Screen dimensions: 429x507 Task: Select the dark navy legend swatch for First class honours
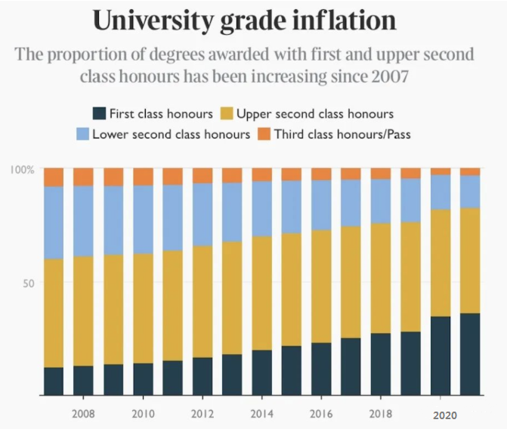click(98, 114)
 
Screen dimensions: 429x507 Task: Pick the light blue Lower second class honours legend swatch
click(82, 135)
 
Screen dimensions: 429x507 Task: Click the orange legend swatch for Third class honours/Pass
click(263, 135)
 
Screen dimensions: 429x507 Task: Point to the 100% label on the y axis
click(23, 169)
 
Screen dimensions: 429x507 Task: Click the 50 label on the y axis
click(29, 282)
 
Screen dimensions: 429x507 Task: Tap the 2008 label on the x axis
click(83, 415)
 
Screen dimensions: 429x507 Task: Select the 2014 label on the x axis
click(261, 415)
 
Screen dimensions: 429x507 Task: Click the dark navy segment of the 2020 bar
click(441, 356)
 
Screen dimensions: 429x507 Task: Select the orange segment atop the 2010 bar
click(143, 177)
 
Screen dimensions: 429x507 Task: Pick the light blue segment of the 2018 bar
click(381, 201)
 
